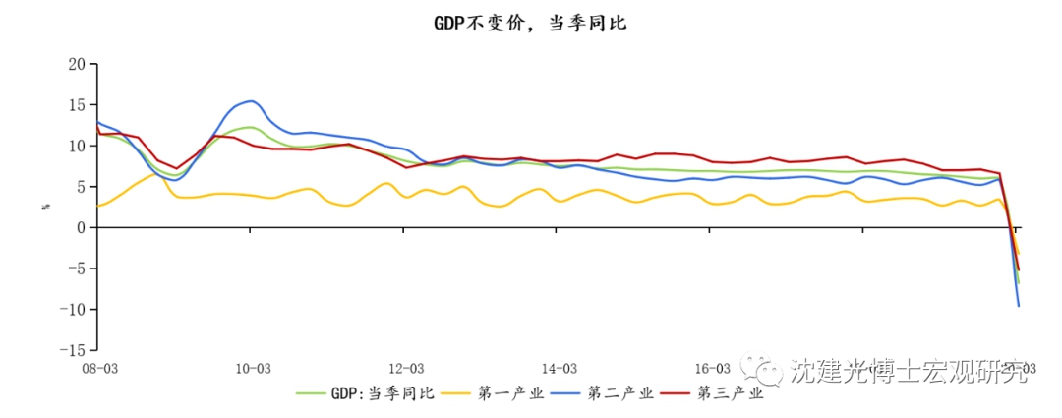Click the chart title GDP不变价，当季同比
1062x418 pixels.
pyautogui.click(x=530, y=23)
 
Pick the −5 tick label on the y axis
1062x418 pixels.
pyautogui.click(x=78, y=269)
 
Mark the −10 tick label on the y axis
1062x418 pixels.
pyautogui.click(x=74, y=310)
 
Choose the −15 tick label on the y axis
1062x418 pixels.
pyautogui.click(x=74, y=350)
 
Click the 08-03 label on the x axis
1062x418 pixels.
pyautogui.click(x=99, y=369)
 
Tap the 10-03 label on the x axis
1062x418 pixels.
pyautogui.click(x=252, y=369)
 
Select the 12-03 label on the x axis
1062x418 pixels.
pyautogui.click(x=405, y=369)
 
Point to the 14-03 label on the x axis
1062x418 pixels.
pyautogui.click(x=558, y=369)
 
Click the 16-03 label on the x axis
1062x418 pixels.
pyautogui.click(x=711, y=369)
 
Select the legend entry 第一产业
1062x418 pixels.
pyautogui.click(x=510, y=394)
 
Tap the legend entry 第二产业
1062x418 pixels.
pyautogui.click(x=619, y=394)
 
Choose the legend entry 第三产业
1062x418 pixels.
pyautogui.click(x=730, y=394)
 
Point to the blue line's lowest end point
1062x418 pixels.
pyautogui.click(x=1018, y=306)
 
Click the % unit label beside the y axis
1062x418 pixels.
pyautogui.click(x=45, y=207)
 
